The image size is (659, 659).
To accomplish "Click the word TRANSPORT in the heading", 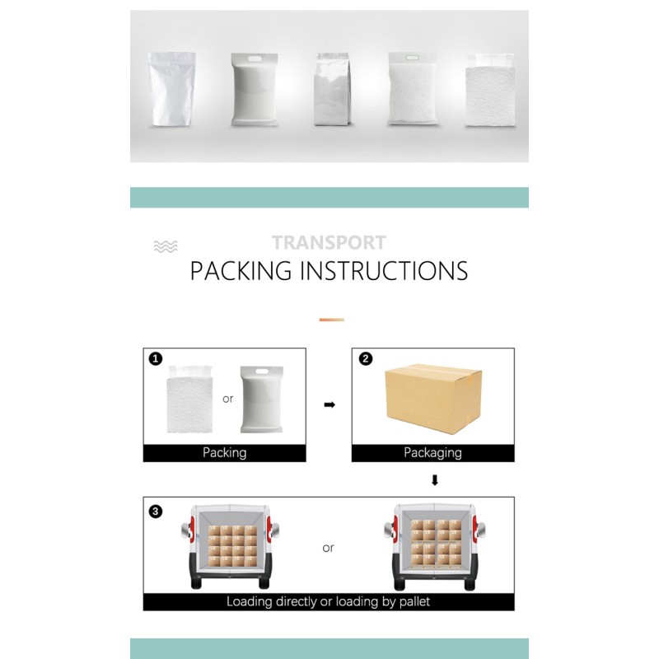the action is [329, 242].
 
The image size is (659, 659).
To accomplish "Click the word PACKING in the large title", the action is [241, 271].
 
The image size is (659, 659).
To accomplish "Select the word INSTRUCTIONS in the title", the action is [384, 271].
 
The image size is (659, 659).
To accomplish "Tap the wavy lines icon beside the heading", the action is [166, 246].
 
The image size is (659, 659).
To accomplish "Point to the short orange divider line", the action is [332, 320].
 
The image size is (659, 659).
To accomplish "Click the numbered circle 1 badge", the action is [156, 358].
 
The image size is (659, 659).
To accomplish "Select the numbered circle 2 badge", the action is [366, 358].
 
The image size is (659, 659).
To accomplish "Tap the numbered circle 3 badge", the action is [156, 512].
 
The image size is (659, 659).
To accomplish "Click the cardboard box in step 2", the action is [433, 399].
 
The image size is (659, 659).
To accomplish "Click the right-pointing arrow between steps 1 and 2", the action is [329, 404].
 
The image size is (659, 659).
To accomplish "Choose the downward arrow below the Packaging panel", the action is [435, 480].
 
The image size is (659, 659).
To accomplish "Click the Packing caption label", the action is [224, 452].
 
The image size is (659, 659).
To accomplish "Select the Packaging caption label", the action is [433, 453].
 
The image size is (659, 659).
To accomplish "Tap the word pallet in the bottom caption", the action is [414, 602].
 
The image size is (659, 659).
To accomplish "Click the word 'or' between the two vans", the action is [328, 548].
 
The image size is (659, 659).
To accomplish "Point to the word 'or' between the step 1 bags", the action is [228, 399].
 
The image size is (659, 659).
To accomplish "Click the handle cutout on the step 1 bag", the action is [261, 372].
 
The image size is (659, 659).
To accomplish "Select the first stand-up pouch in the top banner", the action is [172, 89].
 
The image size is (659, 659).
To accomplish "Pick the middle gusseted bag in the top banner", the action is [332, 89].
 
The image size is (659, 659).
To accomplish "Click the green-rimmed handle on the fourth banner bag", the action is [412, 58].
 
